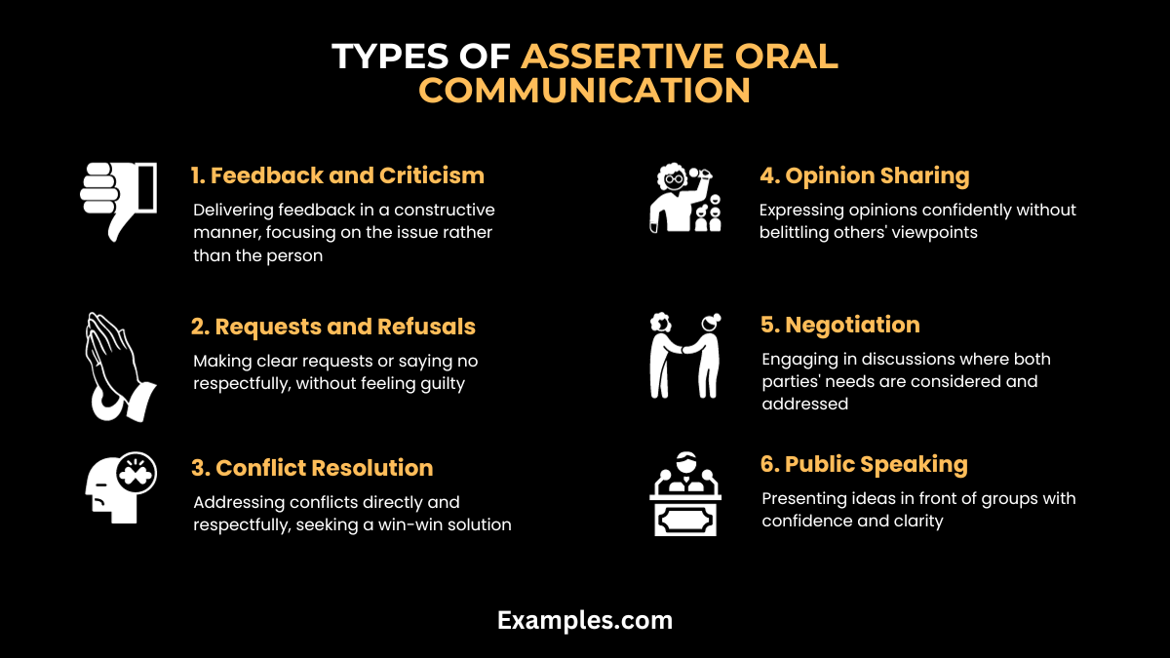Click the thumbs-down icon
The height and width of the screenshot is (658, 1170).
(117, 201)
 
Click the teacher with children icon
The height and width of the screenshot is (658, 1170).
(685, 201)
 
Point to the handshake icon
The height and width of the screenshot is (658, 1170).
(684, 355)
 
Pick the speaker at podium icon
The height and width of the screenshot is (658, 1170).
(685, 494)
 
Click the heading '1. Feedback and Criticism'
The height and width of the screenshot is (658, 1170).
(337, 175)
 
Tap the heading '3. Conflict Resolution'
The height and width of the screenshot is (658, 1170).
(312, 468)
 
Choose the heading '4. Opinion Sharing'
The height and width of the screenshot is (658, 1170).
(864, 175)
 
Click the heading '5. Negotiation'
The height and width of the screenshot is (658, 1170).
(839, 325)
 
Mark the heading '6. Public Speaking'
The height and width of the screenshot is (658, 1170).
(863, 464)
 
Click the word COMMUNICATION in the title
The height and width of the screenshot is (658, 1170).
(585, 90)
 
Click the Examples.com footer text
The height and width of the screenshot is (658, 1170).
(585, 620)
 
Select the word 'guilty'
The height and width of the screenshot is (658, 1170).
(439, 383)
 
